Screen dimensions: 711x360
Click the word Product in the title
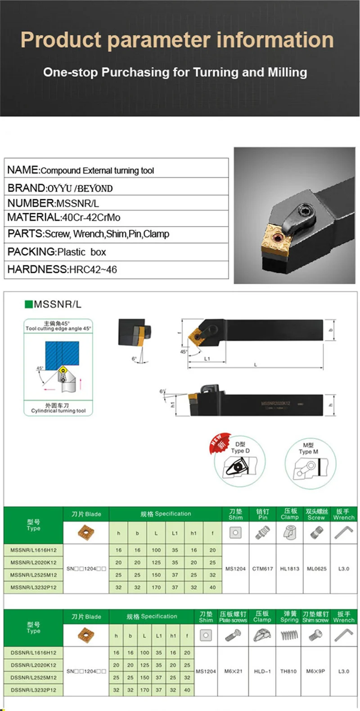point(61,40)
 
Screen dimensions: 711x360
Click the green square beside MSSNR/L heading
point(29,304)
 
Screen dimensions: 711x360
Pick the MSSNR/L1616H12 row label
point(34,550)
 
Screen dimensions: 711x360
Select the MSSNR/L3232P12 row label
point(34,587)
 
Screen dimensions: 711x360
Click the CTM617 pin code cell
point(262,569)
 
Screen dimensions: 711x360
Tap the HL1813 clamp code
point(289,569)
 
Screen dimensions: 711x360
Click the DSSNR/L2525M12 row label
point(34,678)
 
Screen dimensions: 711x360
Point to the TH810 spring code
point(288,671)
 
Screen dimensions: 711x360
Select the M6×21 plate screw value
point(234,671)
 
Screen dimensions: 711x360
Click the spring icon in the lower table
point(289,635)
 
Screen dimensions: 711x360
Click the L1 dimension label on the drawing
point(207,359)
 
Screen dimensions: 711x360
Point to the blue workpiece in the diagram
point(62,353)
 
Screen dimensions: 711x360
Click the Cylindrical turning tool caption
point(58,411)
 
